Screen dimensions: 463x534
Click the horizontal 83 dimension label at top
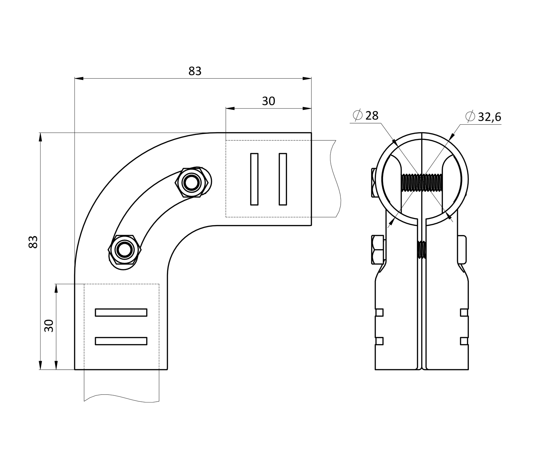point(195,71)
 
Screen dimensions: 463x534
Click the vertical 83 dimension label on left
point(33,242)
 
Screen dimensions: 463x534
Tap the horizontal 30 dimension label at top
point(268,102)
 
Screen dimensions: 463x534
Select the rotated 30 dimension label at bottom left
point(49,326)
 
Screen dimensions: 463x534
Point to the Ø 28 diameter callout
point(366,115)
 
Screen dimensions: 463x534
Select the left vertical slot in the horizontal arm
point(254,179)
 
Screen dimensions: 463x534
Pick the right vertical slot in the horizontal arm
point(283,179)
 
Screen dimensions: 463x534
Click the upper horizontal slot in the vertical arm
point(121,312)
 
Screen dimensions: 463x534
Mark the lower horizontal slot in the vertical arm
point(121,341)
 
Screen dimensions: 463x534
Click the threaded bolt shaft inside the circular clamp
point(422,182)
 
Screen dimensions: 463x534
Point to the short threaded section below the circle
point(422,250)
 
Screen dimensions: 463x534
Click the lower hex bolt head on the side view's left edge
point(377,250)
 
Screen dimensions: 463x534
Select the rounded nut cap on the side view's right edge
point(462,249)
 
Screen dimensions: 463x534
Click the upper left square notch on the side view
point(379,312)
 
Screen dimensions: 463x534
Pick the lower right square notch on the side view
point(464,341)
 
